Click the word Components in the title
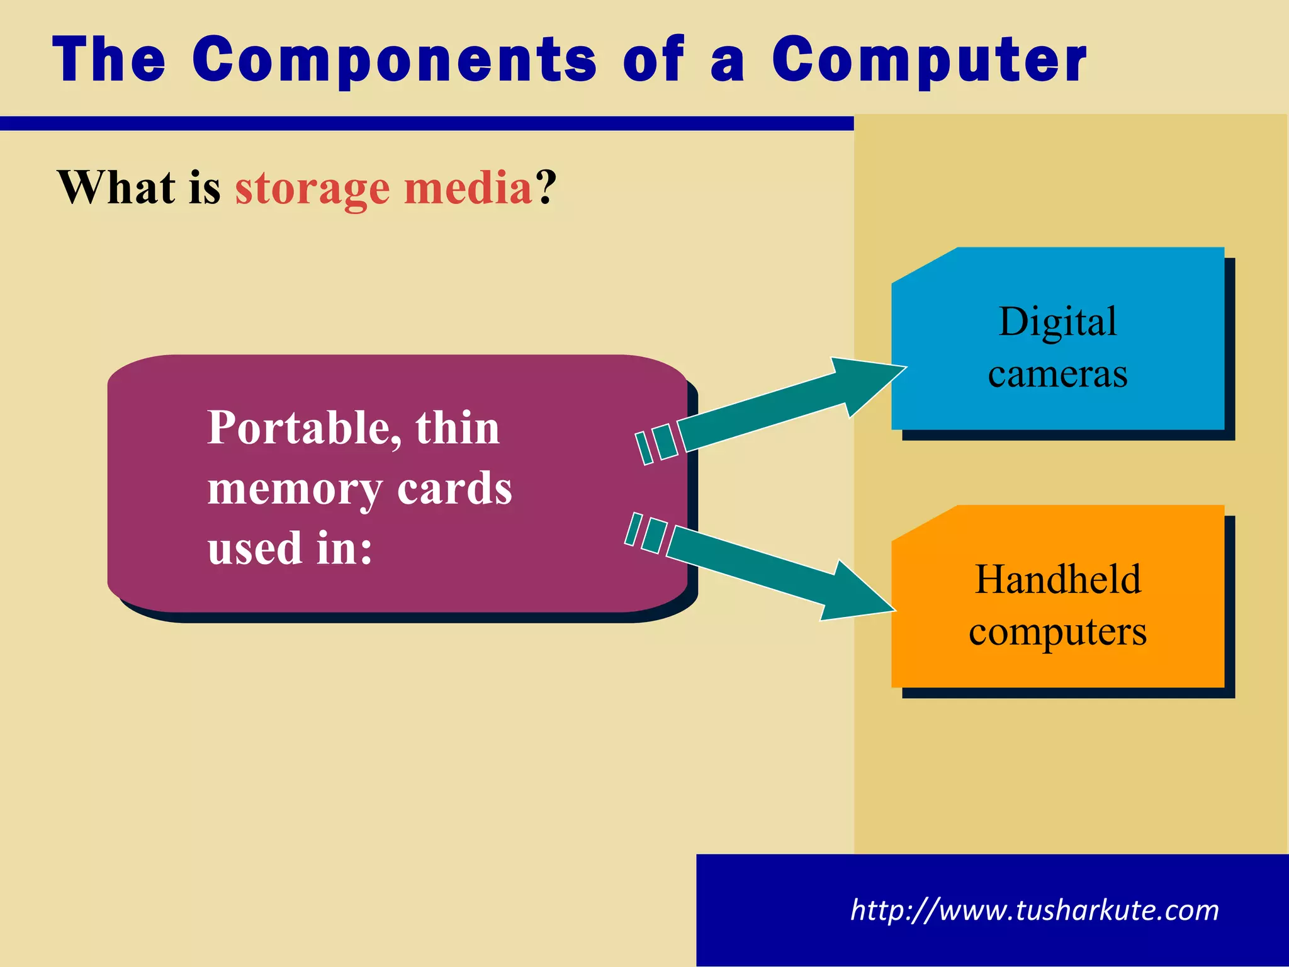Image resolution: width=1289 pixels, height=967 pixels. coord(394,60)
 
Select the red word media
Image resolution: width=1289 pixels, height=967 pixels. coord(468,188)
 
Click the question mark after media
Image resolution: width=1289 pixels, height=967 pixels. coord(546,188)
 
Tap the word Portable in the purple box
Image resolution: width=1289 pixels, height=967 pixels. coord(305,428)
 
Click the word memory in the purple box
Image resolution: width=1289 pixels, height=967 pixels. coord(294,489)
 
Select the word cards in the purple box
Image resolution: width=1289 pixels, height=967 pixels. coord(454,489)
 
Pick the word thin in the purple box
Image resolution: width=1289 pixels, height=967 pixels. coord(458,428)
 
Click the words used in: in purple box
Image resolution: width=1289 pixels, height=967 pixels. coord(290,548)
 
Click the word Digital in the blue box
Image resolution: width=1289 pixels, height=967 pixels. coord(1057,322)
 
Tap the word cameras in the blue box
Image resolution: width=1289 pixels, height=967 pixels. coord(1057,374)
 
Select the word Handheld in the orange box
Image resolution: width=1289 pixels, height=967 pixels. coord(1057,580)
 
